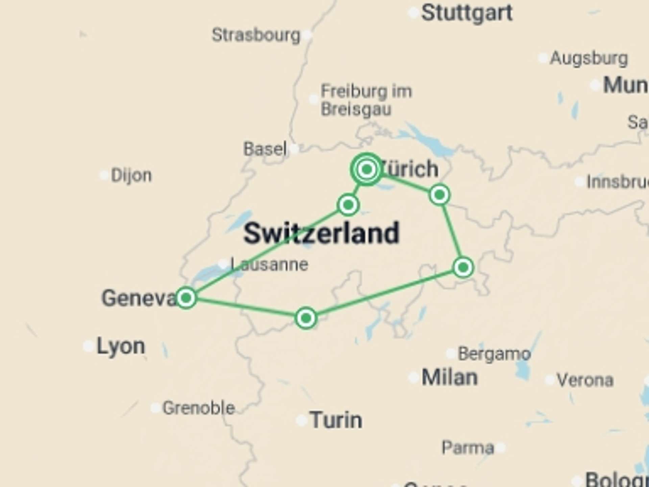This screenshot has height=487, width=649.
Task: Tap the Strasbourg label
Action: pos(256,35)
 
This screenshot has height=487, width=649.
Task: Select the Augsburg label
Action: pos(589,59)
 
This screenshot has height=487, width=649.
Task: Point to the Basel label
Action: pos(265,149)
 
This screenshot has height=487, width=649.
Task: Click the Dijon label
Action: pos(131,176)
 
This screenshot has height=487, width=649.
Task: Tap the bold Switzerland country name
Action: pos(321,233)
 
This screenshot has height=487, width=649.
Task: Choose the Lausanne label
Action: pos(269,264)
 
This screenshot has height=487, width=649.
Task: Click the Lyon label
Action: pos(121,346)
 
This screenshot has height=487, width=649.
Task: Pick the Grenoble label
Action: pos(198,408)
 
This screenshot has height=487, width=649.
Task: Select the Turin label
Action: pos(336,420)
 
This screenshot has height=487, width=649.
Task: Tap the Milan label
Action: pos(449,377)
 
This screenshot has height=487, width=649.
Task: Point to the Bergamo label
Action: pos(494,354)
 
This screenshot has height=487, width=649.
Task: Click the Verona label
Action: pos(585,380)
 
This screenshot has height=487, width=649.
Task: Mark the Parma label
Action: pos(468,448)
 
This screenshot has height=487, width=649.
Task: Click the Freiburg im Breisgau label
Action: pos(366,100)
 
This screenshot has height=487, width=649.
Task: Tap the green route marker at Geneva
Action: pos(186,298)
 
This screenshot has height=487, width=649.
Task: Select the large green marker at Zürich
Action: pos(367,169)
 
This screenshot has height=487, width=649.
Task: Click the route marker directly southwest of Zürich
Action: pos(348,205)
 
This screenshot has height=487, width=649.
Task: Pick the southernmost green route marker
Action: pos(306,318)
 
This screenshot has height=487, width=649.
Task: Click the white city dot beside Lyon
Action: pos(88,346)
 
